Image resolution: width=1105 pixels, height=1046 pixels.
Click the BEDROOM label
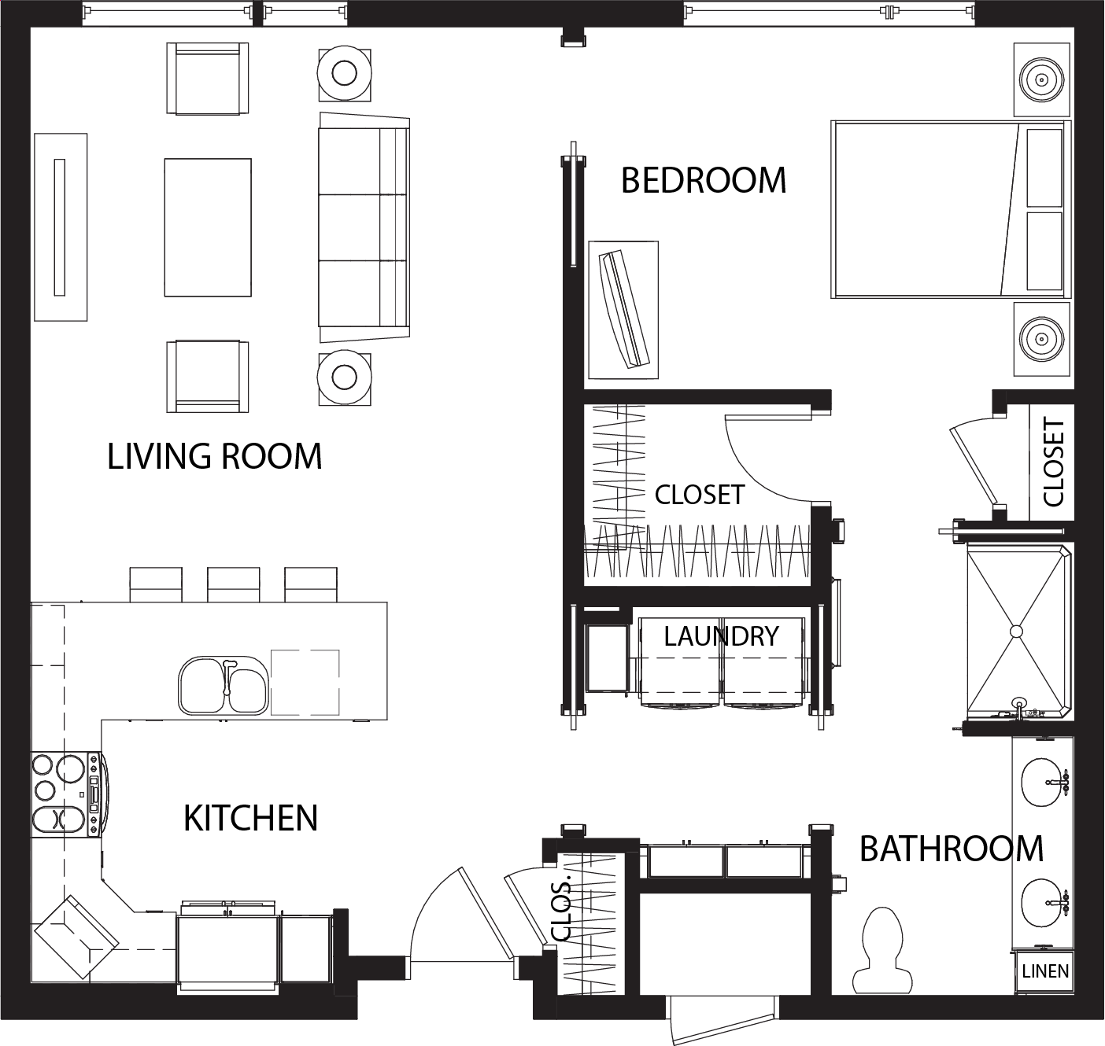pyautogui.click(x=703, y=180)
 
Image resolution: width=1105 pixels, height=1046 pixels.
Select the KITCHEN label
pyautogui.click(x=251, y=818)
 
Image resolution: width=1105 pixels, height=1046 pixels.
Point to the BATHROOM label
pyautogui.click(x=952, y=849)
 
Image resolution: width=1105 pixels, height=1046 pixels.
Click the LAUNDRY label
pyautogui.click(x=722, y=636)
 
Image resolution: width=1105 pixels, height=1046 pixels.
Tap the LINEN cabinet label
pyautogui.click(x=1045, y=971)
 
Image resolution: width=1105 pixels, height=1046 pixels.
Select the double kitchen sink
pyautogui.click(x=224, y=685)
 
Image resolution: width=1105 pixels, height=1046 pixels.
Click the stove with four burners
pyautogui.click(x=66, y=794)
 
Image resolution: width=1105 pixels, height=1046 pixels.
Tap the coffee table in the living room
pyautogui.click(x=208, y=227)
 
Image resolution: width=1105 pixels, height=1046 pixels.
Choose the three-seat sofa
pyautogui.click(x=364, y=227)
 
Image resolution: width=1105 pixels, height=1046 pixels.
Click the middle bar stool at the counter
pyautogui.click(x=233, y=585)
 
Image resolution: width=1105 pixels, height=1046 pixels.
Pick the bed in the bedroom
pyautogui.click(x=951, y=209)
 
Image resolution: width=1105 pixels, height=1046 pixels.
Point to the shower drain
pyautogui.click(x=1016, y=632)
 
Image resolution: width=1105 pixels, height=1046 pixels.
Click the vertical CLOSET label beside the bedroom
pyautogui.click(x=1053, y=462)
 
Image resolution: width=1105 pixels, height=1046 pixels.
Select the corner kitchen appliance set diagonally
pyautogui.click(x=76, y=937)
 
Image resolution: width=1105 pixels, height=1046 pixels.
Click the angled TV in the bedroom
pyautogui.click(x=624, y=309)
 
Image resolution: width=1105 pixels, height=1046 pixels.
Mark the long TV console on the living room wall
pyautogui.click(x=61, y=227)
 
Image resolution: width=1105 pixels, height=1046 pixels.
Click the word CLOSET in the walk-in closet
pyautogui.click(x=700, y=495)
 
